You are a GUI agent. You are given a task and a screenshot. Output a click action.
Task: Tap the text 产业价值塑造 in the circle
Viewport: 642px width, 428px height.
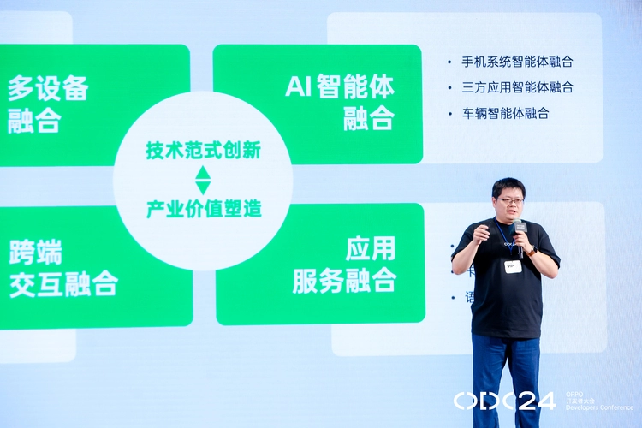coord(203,208)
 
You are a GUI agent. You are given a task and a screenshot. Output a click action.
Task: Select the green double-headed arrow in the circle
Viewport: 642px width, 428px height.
coord(203,180)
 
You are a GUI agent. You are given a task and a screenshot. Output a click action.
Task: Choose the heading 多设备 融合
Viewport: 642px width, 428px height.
coord(48,104)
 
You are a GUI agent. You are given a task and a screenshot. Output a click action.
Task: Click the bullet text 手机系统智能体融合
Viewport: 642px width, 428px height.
coord(516,62)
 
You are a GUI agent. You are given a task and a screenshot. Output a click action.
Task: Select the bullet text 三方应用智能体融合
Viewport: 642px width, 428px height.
coord(516,87)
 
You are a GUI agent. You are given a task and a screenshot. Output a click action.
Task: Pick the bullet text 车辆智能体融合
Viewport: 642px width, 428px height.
coord(504,113)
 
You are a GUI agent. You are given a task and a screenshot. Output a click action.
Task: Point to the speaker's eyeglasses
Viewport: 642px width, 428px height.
coord(512,200)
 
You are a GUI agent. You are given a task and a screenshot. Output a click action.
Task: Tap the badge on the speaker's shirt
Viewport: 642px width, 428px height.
coord(514,266)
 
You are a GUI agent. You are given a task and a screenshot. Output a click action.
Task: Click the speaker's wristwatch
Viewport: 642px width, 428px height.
coord(532,252)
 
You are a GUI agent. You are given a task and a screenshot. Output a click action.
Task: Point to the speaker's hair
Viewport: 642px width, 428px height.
coord(508,185)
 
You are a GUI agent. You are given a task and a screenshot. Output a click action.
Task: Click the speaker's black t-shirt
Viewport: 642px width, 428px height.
coord(505,295)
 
